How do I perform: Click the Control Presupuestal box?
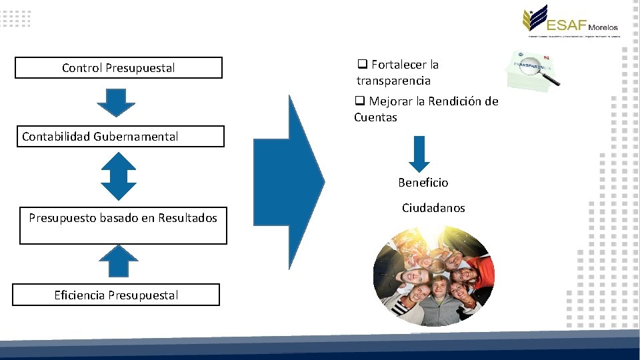[x=119, y=68]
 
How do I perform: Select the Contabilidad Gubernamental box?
[x=120, y=137]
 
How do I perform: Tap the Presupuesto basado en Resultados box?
[x=123, y=226]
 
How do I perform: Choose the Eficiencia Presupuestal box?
[x=116, y=295]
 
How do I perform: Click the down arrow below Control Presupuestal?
[x=116, y=103]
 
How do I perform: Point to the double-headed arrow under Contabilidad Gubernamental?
[x=118, y=176]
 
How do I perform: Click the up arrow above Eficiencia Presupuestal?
[x=118, y=261]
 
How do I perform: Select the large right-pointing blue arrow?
[x=288, y=181]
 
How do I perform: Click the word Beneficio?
[x=423, y=182]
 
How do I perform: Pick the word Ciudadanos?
[x=433, y=208]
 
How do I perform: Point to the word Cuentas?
[x=375, y=117]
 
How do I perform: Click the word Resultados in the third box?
[x=187, y=218]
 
